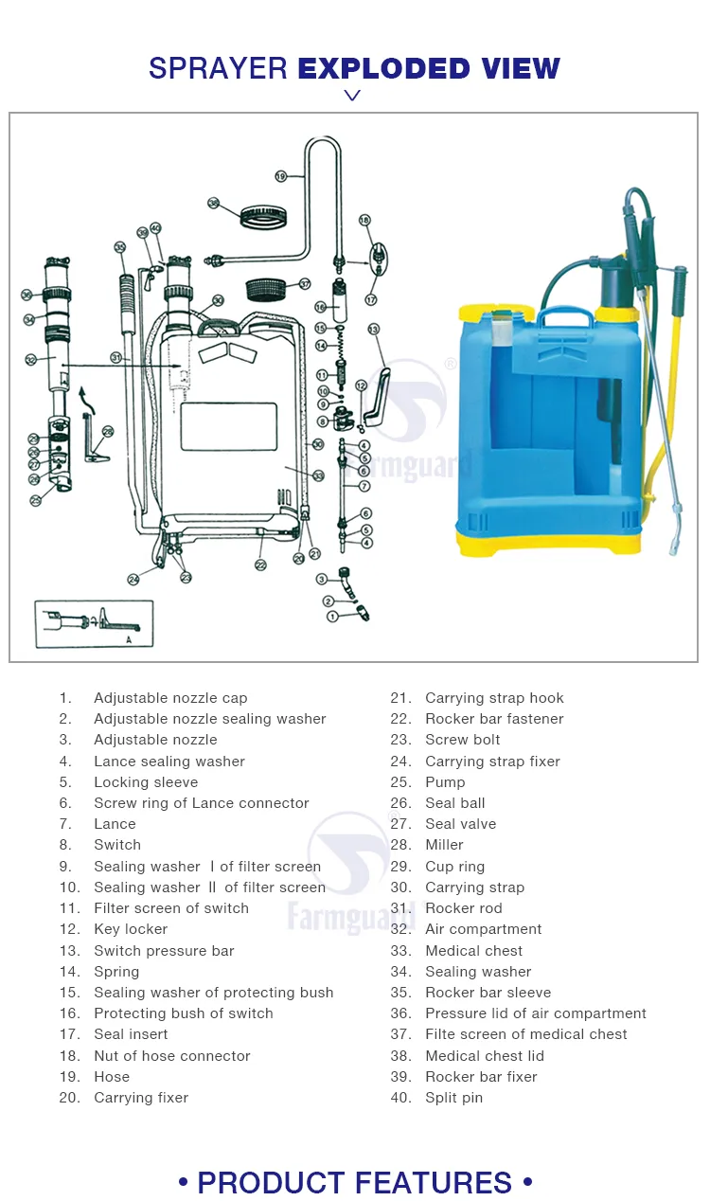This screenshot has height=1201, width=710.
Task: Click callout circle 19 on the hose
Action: (281, 176)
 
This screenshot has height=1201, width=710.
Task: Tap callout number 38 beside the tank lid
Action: (214, 203)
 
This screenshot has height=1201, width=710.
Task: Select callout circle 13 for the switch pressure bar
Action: (373, 329)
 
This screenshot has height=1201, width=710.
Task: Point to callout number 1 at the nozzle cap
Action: (332, 617)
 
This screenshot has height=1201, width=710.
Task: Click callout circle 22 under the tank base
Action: (260, 565)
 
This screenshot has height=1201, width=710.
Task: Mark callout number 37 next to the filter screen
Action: (305, 283)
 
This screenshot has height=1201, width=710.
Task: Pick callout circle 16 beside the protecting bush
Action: (320, 307)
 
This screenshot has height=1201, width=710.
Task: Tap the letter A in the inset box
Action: (128, 640)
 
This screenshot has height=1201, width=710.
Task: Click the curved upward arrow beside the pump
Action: (86, 402)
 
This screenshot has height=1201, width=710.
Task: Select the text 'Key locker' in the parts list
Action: (131, 929)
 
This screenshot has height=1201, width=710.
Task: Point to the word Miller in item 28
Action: (444, 845)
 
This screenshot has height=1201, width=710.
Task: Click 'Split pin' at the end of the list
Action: (453, 1098)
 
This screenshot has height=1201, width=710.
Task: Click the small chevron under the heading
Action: (352, 95)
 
